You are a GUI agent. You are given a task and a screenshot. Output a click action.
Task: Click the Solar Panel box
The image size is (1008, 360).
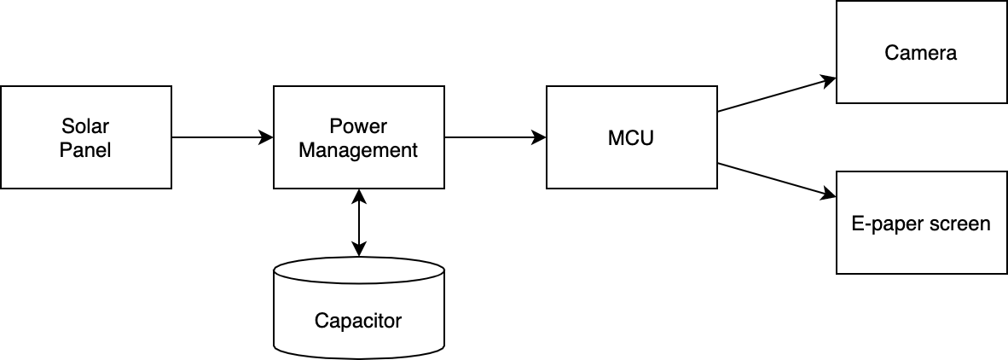[85, 137]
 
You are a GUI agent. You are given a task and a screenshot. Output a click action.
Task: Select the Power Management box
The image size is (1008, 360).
[358, 137]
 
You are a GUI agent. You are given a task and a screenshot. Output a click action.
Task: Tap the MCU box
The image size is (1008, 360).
[631, 137]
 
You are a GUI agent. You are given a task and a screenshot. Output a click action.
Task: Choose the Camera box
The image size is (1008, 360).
[921, 52]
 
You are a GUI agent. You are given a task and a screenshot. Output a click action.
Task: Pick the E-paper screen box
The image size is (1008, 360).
[921, 223]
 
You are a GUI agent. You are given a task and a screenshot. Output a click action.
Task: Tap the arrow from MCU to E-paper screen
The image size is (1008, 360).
[776, 180]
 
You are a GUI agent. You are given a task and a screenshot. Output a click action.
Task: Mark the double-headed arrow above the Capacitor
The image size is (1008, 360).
[359, 223]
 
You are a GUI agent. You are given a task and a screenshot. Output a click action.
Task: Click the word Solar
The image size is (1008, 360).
[85, 127]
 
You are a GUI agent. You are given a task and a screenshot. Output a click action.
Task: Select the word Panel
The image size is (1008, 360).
[85, 150]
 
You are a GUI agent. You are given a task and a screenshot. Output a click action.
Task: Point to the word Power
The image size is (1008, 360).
[358, 127]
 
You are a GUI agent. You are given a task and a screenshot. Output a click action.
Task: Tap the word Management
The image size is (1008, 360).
[358, 150]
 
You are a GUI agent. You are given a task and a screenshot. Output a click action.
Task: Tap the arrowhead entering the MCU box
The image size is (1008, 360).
[539, 137]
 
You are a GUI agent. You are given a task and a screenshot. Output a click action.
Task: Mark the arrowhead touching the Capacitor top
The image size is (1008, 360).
[359, 250]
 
